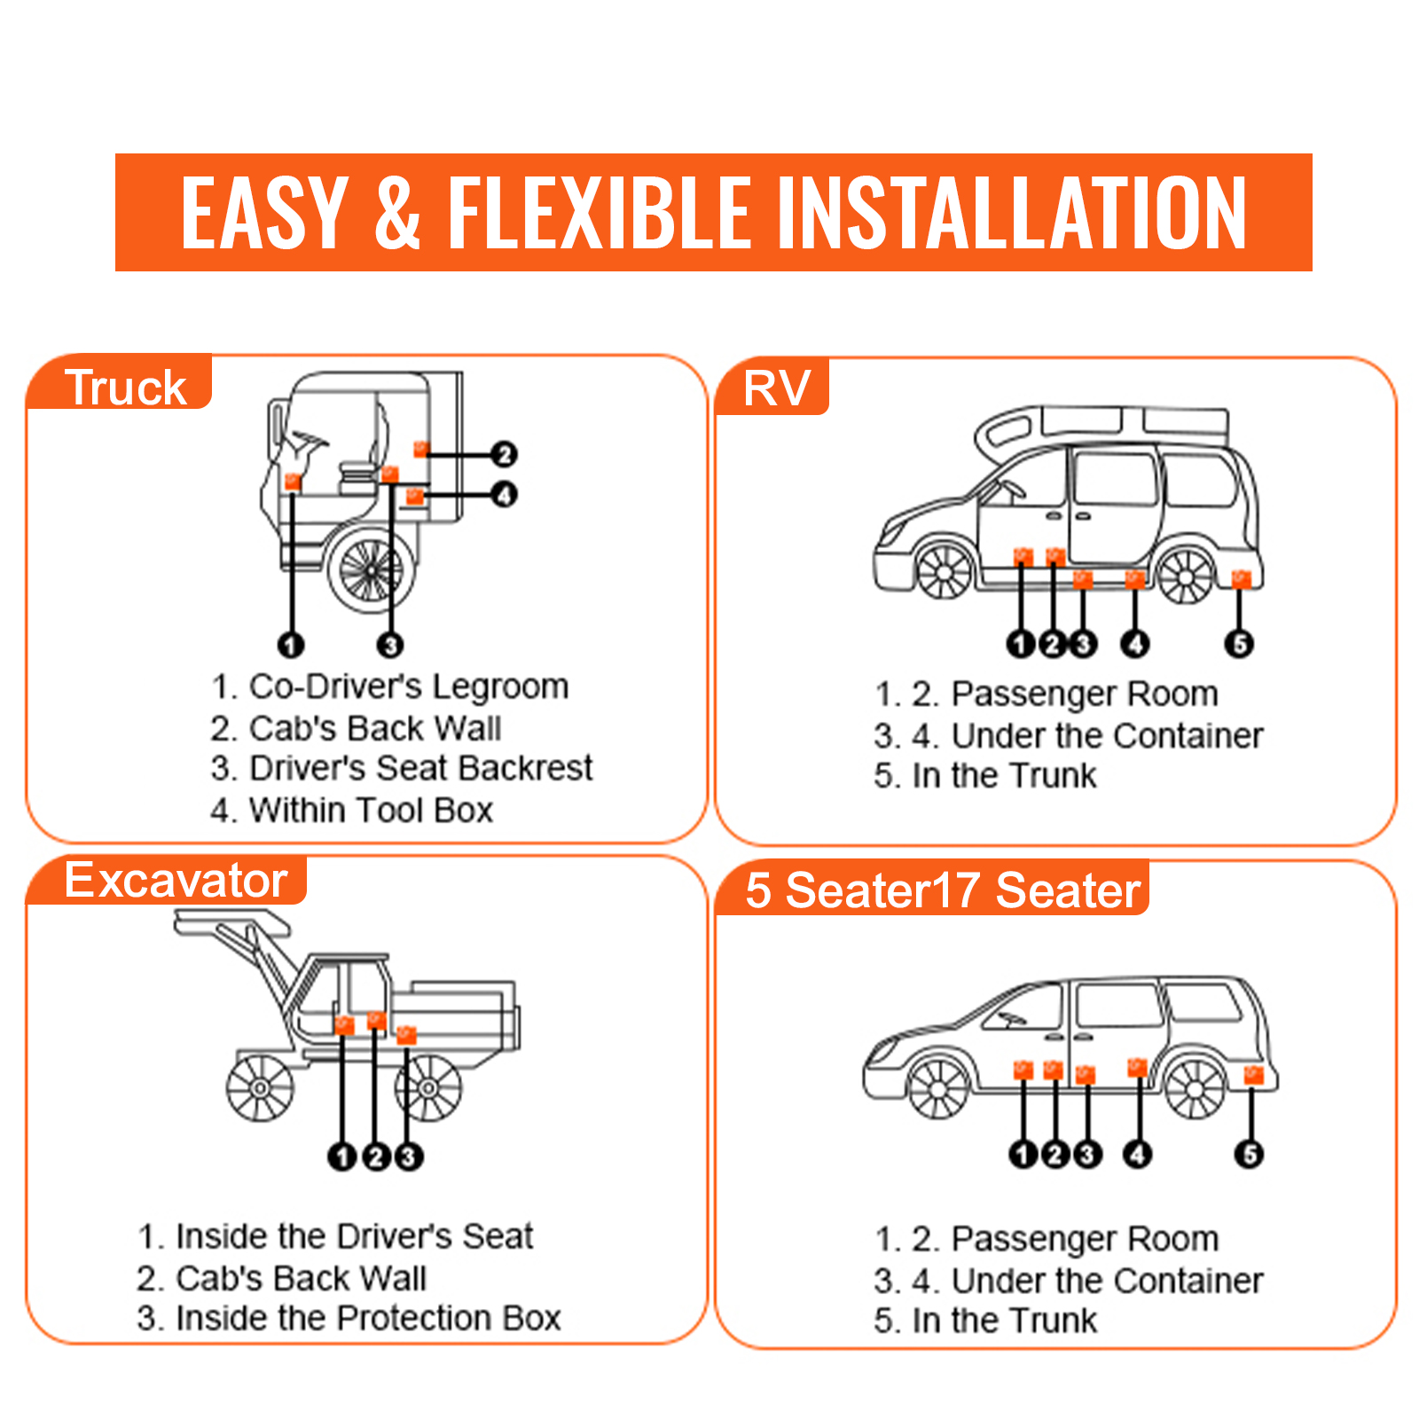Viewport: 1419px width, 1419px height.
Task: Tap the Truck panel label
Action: (x=125, y=388)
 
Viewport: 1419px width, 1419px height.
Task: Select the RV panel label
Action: (x=777, y=388)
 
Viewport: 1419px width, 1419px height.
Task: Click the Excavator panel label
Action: (x=176, y=881)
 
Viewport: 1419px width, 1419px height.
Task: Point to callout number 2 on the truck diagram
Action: (x=504, y=454)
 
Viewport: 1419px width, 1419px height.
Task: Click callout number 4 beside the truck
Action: (x=504, y=494)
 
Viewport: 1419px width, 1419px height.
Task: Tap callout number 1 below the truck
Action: (x=291, y=645)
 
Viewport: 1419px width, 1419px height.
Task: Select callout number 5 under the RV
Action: (x=1240, y=643)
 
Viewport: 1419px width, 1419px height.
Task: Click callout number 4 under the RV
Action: (x=1135, y=643)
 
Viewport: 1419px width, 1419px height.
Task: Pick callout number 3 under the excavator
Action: (x=408, y=1156)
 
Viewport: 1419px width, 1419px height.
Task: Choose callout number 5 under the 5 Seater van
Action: (x=1250, y=1154)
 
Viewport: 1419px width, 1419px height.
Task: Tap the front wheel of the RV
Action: (x=945, y=572)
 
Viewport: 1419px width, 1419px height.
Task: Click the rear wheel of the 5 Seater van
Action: (x=1195, y=1088)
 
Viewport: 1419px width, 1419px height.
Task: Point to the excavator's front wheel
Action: (x=260, y=1088)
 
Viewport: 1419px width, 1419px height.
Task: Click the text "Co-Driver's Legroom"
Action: (x=409, y=686)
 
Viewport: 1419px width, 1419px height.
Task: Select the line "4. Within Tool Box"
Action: (x=351, y=810)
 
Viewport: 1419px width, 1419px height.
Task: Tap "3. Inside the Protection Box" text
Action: (x=349, y=1318)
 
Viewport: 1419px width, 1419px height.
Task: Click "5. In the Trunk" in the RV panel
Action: (x=984, y=775)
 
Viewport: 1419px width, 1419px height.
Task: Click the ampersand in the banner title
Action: (x=396, y=213)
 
